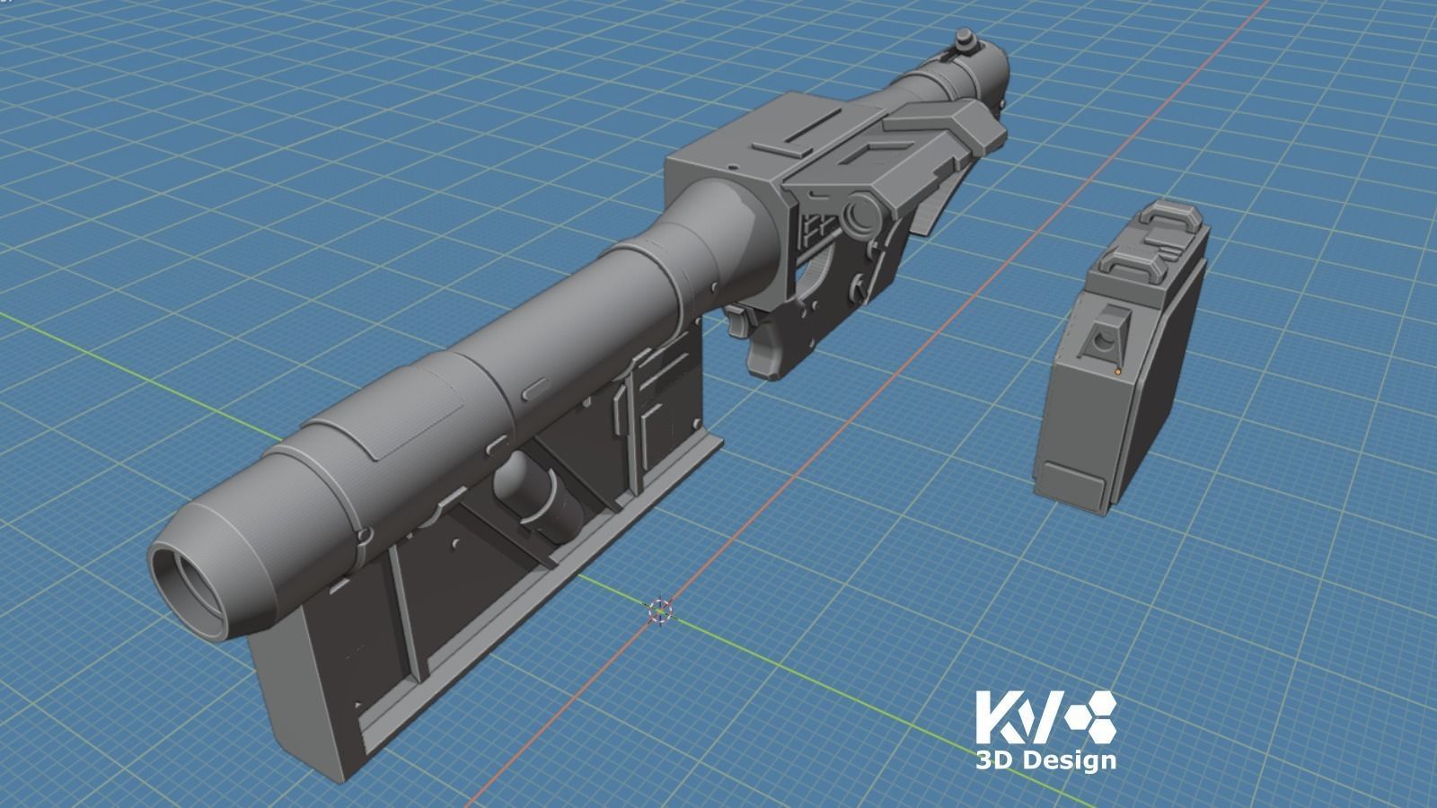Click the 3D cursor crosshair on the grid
click(659, 611)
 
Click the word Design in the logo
click(1068, 760)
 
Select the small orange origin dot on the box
click(1117, 370)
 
